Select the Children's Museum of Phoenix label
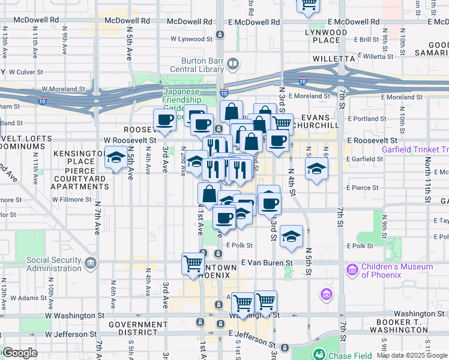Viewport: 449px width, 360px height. coord(396,271)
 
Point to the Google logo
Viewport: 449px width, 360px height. coord(20,353)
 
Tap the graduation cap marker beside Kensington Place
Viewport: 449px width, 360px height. coord(114,158)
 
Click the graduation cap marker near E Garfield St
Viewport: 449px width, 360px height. coord(316,168)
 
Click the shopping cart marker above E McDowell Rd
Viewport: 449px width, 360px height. coord(309,5)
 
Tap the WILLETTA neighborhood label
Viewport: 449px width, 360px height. coord(334,59)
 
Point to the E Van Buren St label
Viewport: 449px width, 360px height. coord(267,263)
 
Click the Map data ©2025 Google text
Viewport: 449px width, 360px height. coord(412,355)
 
